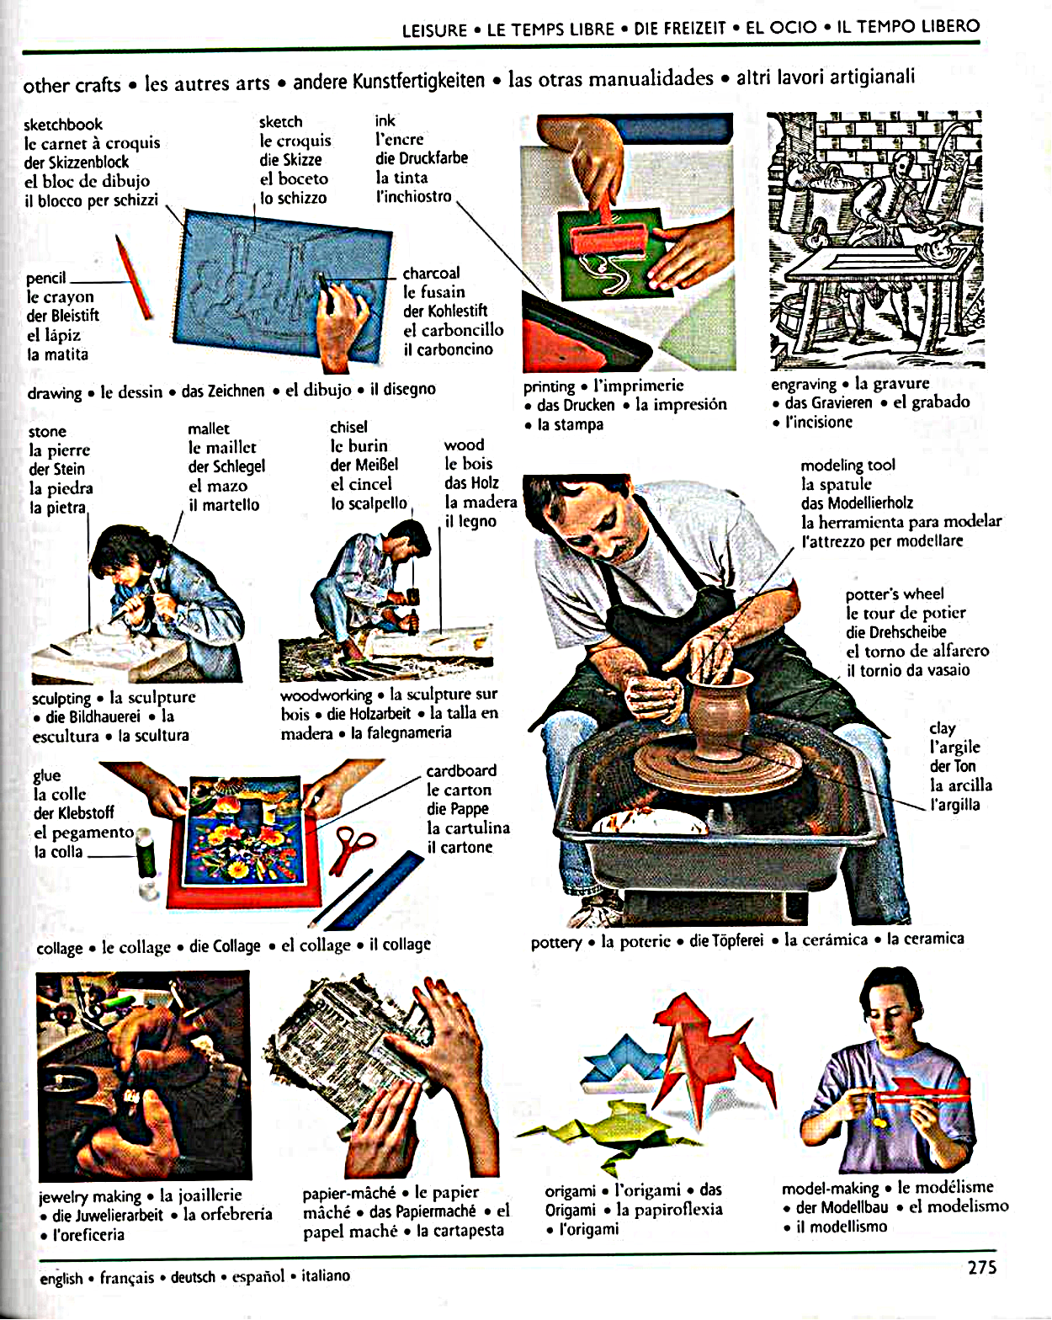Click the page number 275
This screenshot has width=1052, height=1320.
(982, 1267)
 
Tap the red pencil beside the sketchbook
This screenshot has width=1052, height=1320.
(134, 277)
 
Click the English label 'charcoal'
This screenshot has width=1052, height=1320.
(431, 273)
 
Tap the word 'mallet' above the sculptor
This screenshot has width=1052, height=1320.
(209, 428)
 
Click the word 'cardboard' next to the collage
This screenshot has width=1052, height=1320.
(461, 770)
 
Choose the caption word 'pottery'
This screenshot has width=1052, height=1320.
(555, 941)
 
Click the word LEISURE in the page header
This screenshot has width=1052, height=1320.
(434, 30)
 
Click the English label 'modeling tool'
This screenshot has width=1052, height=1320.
(847, 465)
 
